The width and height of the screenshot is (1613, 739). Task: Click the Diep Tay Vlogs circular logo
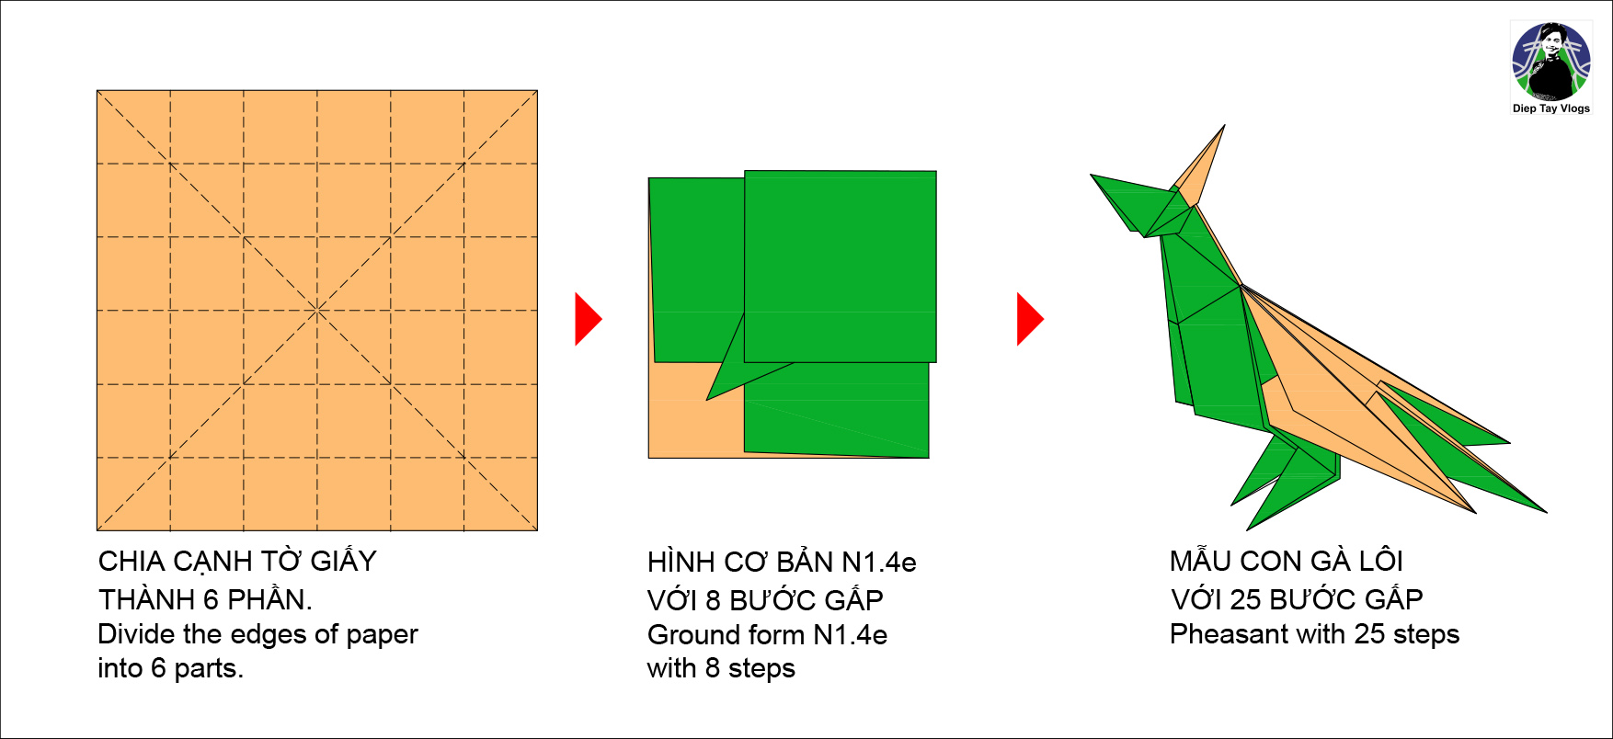[x=1551, y=62]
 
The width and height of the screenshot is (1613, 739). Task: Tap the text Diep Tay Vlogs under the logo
[x=1551, y=108]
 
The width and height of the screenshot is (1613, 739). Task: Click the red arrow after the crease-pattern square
[x=589, y=319]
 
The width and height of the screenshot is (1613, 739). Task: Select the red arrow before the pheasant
[x=1030, y=319]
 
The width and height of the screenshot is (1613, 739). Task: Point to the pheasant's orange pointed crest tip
[x=1224, y=126]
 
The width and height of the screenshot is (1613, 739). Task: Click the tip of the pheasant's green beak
[x=1092, y=175]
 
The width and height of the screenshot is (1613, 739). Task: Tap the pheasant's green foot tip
[x=1248, y=529]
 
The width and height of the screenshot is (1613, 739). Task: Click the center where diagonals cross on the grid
[x=317, y=311]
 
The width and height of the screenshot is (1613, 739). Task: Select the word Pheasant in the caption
[x=1229, y=634]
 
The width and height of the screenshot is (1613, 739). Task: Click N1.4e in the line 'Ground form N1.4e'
[x=850, y=635]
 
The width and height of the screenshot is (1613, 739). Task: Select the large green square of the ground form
[x=841, y=267]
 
